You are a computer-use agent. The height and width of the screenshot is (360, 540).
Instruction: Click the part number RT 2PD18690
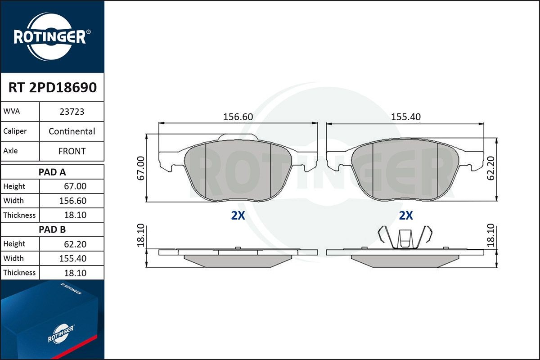pos(53,87)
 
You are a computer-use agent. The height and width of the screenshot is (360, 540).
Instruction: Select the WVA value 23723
pos(72,112)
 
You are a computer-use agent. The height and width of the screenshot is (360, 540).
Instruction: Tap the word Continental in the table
pos(72,131)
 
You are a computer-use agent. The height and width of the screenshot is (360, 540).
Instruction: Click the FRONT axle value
pos(72,151)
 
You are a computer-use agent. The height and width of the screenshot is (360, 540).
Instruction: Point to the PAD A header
pos(52,172)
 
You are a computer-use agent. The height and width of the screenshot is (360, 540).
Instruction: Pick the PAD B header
pos(52,229)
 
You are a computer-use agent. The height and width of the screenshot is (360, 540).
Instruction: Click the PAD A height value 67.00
pos(75,186)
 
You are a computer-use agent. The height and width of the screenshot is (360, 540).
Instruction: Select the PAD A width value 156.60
pos(72,201)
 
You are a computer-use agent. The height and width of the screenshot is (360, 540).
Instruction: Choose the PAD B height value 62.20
pos(75,244)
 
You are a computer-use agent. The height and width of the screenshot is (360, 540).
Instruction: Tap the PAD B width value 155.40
pos(72,258)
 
